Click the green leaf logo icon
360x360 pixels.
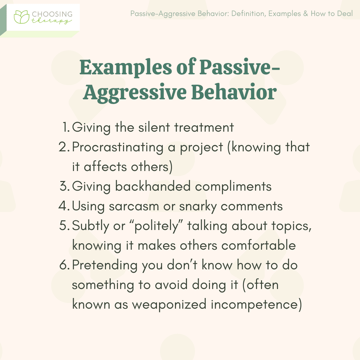pos(22,17)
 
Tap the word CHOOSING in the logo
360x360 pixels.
pos(52,14)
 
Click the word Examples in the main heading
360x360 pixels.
pos(126,68)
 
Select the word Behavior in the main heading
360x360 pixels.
pos(234,92)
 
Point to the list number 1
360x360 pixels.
pos(66,127)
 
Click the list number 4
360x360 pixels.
pos(64,206)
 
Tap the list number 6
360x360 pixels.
pos(64,265)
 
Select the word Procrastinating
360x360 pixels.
pos(118,147)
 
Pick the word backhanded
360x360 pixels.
pos(153,186)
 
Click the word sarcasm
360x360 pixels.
pos(134,206)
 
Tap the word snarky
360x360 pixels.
pos(198,206)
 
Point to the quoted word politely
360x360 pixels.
pos(156,226)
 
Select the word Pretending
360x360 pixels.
pos(105,265)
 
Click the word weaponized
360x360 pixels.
pos(169,305)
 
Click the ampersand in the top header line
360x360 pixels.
pos(306,14)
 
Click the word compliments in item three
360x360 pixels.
pos(233,186)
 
